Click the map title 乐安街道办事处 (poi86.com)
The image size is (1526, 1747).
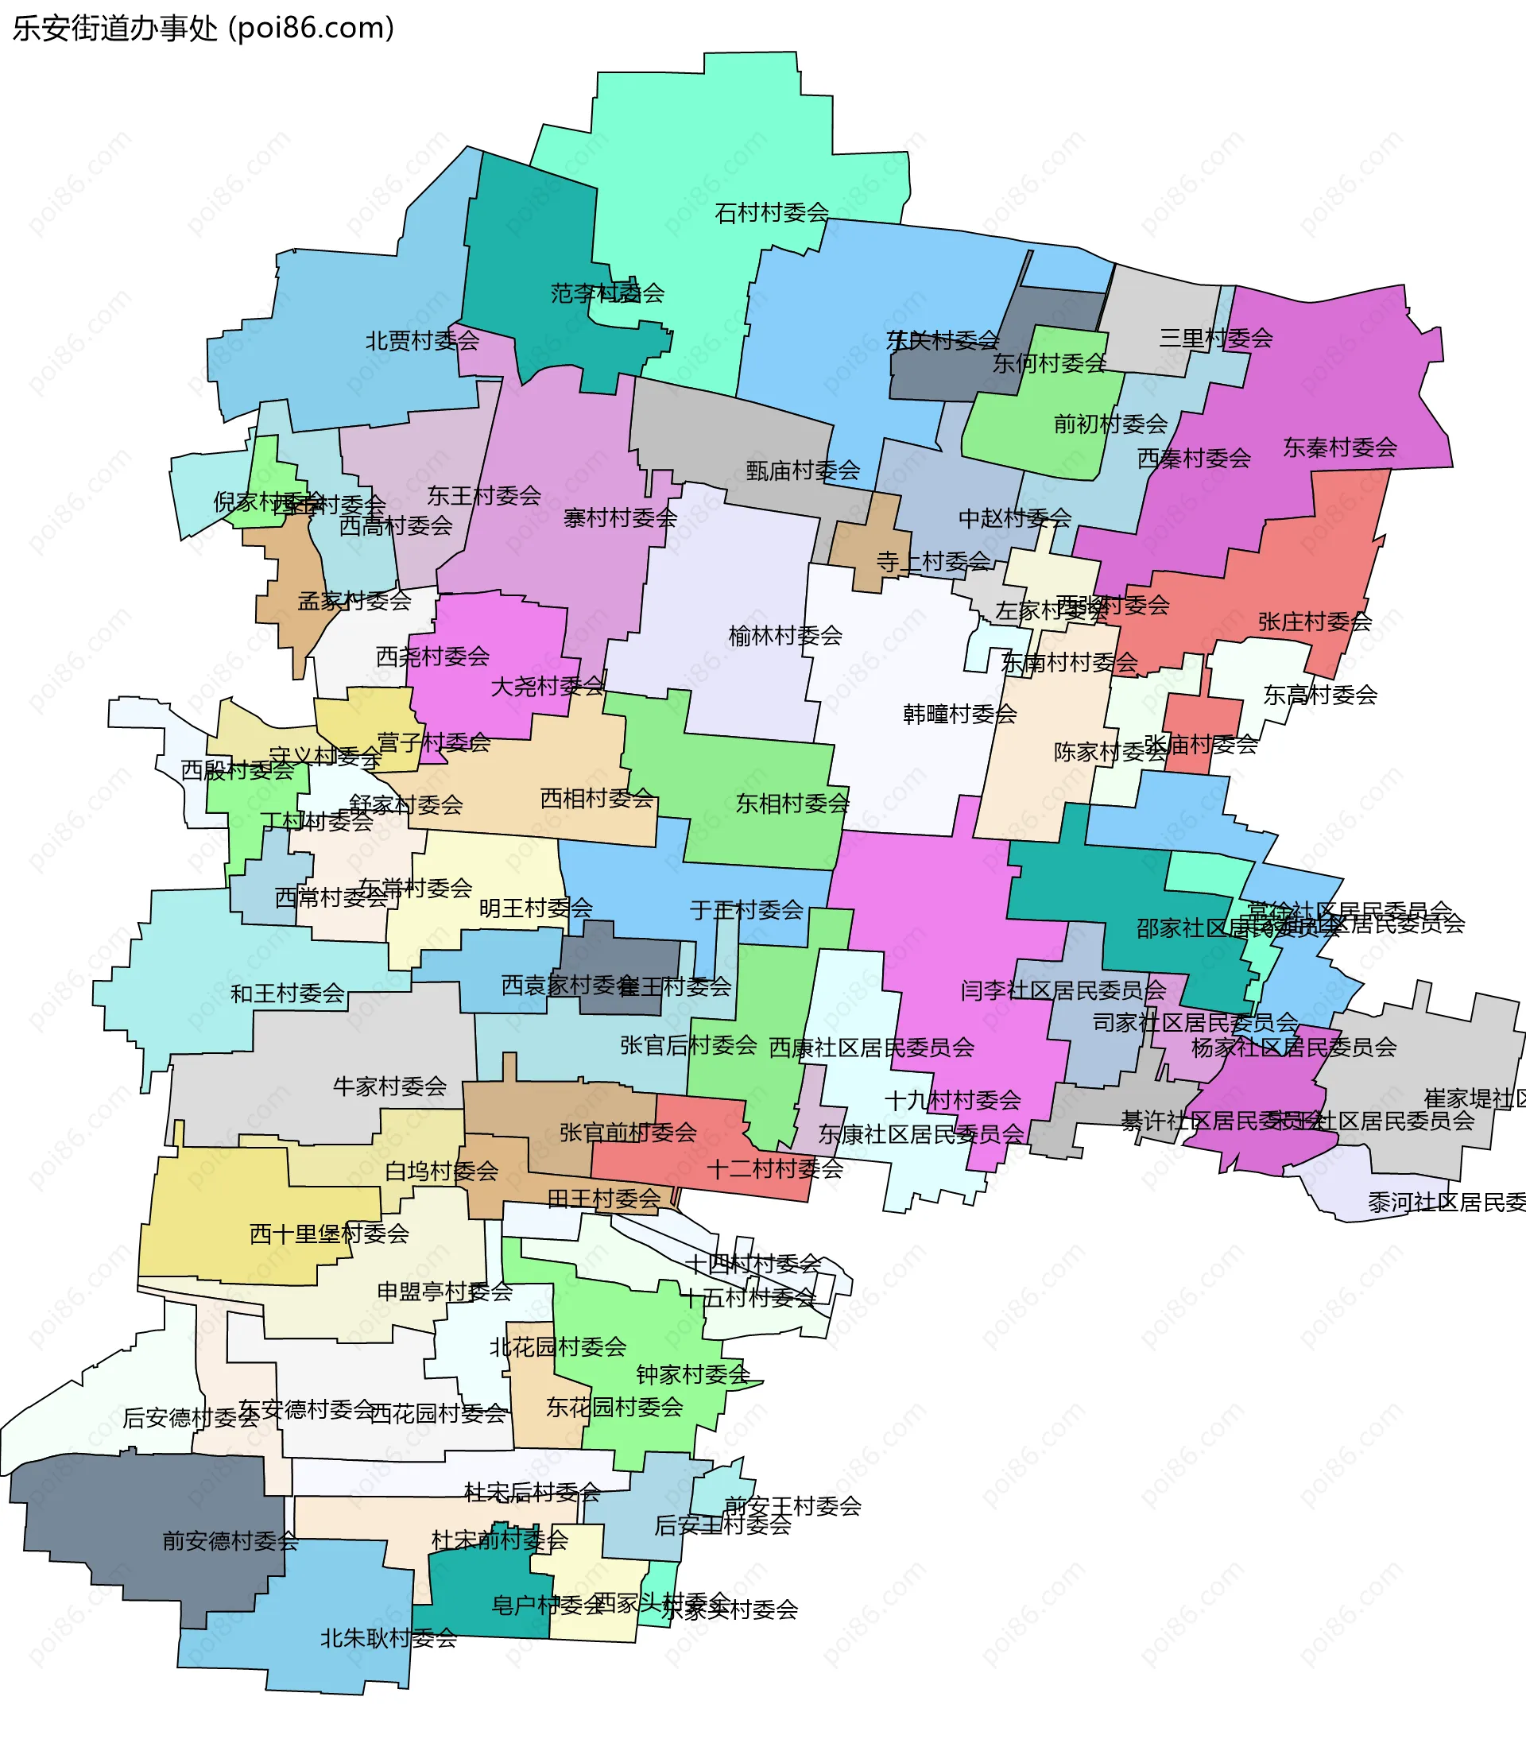pyautogui.click(x=203, y=28)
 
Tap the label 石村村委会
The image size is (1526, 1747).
pyautogui.click(x=772, y=213)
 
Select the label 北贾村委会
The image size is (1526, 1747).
pyautogui.click(x=422, y=342)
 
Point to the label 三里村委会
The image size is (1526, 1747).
pyautogui.click(x=1215, y=338)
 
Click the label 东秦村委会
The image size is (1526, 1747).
pyautogui.click(x=1339, y=447)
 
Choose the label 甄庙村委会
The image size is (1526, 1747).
pyautogui.click(x=803, y=470)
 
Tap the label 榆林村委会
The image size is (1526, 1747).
pyautogui.click(x=785, y=635)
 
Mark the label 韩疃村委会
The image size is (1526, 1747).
pyautogui.click(x=960, y=714)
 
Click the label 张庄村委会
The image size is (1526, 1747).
pyautogui.click(x=1315, y=622)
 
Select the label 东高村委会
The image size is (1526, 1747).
pyautogui.click(x=1320, y=695)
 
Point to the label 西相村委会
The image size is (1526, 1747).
pyautogui.click(x=597, y=798)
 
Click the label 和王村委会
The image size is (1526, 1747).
pyautogui.click(x=288, y=993)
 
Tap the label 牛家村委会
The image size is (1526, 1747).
pyautogui.click(x=390, y=1086)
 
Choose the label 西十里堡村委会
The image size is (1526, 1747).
pyautogui.click(x=330, y=1234)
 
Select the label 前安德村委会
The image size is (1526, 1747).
pyautogui.click(x=230, y=1541)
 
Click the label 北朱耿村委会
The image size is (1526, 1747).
pyautogui.click(x=389, y=1638)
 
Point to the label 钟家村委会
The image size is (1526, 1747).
pyautogui.click(x=693, y=1374)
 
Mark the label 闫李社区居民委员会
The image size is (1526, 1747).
pyautogui.click(x=1063, y=990)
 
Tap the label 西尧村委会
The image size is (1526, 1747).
pyautogui.click(x=432, y=656)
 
